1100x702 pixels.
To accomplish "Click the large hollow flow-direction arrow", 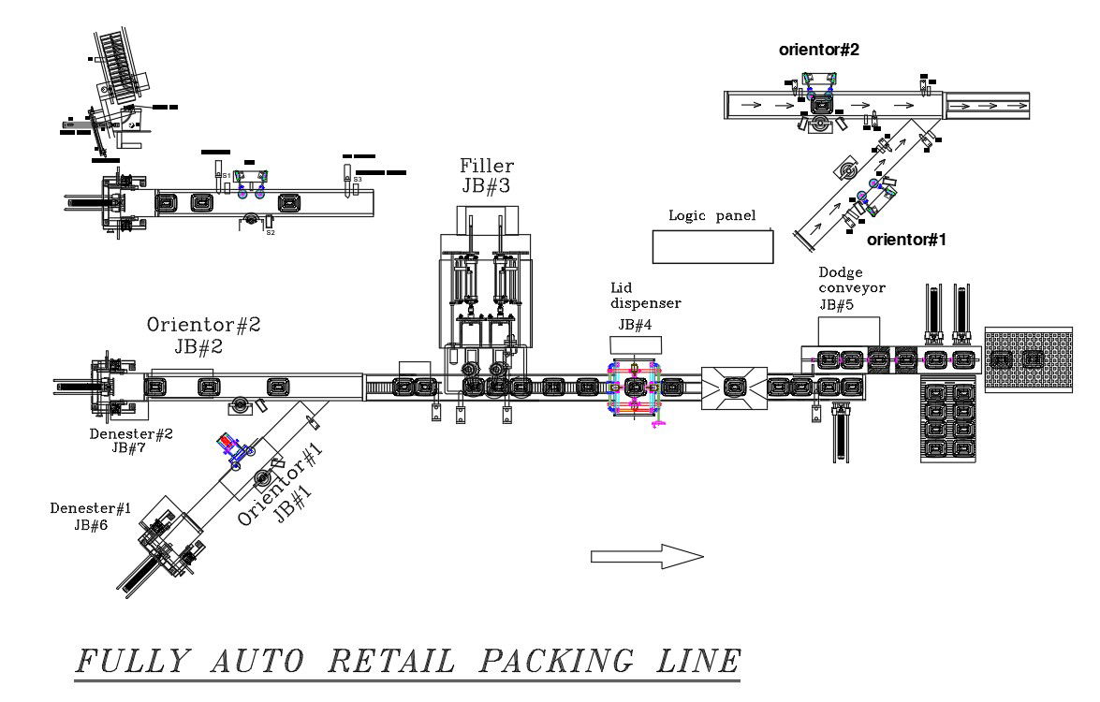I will tap(646, 558).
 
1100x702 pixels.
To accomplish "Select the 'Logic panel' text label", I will tap(711, 215).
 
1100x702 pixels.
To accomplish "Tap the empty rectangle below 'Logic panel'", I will tap(712, 246).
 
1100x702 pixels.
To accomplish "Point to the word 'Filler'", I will tap(486, 166).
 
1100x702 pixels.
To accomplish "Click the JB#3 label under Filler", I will tap(486, 185).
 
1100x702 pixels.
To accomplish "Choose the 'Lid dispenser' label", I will tap(645, 296).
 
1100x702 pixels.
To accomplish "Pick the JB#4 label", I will tap(635, 325).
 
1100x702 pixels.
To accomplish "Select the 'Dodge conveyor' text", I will tap(851, 281).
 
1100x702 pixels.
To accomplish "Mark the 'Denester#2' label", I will tap(130, 434).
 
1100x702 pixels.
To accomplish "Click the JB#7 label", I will tap(130, 448).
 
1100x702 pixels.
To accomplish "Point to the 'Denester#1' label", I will tap(90, 508).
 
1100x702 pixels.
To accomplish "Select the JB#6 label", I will tap(91, 525).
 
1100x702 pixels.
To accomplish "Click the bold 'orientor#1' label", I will tap(906, 240).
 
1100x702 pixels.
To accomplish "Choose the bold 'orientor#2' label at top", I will tap(819, 51).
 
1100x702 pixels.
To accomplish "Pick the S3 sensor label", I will tap(358, 179).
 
